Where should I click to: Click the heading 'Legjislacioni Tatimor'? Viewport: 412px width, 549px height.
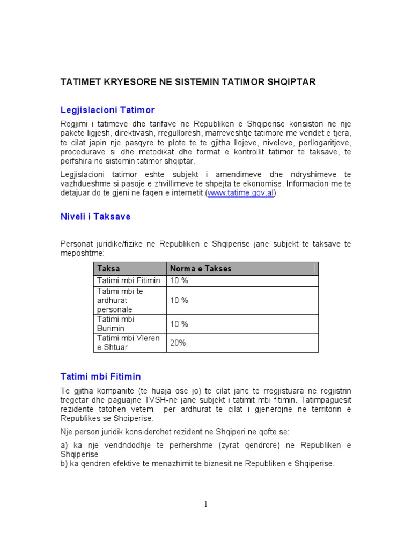(x=107, y=110)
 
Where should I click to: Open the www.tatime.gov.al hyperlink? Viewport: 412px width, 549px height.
(x=240, y=193)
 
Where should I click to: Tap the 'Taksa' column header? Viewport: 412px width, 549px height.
(x=108, y=269)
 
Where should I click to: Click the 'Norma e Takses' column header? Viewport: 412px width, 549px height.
(x=201, y=269)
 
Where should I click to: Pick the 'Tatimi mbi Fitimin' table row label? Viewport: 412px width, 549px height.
(x=128, y=280)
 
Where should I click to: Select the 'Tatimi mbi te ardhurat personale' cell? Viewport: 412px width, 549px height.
(x=120, y=300)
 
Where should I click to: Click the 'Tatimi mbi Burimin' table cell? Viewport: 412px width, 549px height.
(x=115, y=323)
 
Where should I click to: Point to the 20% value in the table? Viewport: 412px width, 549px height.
(x=178, y=343)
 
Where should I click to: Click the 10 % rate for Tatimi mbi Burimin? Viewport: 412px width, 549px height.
(x=179, y=324)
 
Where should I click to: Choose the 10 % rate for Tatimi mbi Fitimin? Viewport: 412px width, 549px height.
(x=179, y=280)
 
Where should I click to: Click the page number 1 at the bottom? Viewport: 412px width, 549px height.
(x=205, y=504)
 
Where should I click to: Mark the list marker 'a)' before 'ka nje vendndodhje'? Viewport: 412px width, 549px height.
(x=64, y=445)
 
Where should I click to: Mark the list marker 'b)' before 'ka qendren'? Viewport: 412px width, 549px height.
(x=64, y=464)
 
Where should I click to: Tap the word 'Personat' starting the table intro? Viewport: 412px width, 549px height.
(x=77, y=244)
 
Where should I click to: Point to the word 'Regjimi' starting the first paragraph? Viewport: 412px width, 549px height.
(x=75, y=123)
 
